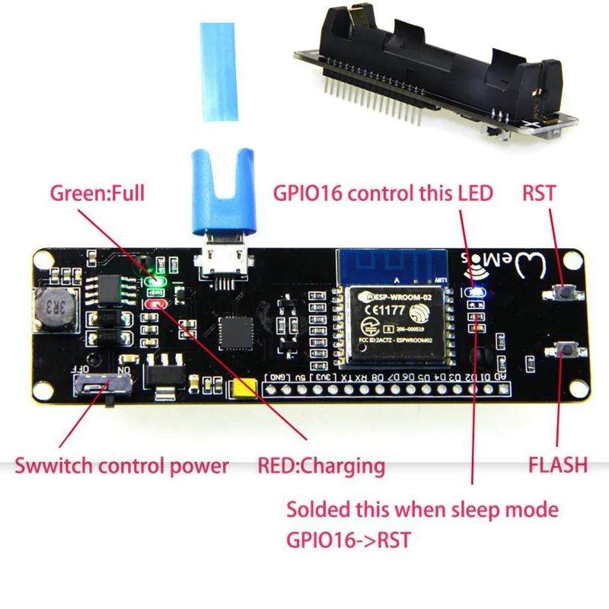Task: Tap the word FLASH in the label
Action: coord(558,464)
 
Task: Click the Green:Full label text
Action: coord(97,193)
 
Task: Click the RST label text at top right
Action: coord(539,193)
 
